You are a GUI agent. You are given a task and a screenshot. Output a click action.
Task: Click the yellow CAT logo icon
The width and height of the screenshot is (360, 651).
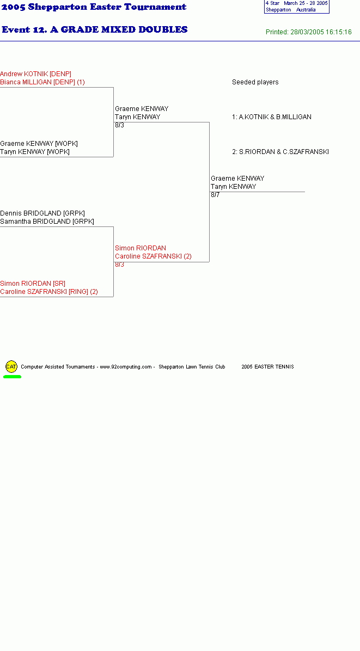pyautogui.click(x=11, y=366)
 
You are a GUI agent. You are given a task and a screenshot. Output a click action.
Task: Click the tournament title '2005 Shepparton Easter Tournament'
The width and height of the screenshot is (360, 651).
pyautogui.click(x=94, y=7)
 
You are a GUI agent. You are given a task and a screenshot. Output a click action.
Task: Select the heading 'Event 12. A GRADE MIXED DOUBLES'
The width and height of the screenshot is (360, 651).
pyautogui.click(x=95, y=29)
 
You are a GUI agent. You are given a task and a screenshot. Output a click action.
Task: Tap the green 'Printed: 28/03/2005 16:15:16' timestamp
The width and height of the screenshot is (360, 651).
pyautogui.click(x=308, y=32)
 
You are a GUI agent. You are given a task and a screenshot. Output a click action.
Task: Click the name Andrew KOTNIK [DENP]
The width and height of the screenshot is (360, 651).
pyautogui.click(x=36, y=74)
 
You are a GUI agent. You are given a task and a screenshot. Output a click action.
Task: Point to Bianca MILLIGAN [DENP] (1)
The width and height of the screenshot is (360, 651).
pyautogui.click(x=42, y=82)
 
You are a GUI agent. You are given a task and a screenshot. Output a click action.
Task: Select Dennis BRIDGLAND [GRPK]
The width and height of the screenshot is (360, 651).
pyautogui.click(x=42, y=213)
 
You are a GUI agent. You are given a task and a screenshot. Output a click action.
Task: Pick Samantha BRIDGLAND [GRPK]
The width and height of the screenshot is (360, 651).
pyautogui.click(x=47, y=222)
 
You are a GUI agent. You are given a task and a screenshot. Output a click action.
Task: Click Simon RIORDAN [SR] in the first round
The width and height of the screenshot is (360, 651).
pyautogui.click(x=33, y=284)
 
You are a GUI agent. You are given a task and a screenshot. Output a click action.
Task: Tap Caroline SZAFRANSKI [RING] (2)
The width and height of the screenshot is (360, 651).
pyautogui.click(x=49, y=292)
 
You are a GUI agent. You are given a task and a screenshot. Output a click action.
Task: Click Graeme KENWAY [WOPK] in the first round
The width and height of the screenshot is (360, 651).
pyautogui.click(x=39, y=144)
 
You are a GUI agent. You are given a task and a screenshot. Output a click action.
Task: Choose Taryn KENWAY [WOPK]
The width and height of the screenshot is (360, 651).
pyautogui.click(x=35, y=152)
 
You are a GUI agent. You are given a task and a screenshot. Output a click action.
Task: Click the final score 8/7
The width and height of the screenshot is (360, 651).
pyautogui.click(x=215, y=195)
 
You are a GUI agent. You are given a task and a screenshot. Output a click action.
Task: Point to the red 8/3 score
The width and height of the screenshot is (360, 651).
pyautogui.click(x=120, y=265)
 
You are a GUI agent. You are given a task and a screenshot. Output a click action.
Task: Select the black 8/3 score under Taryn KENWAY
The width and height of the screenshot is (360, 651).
pyautogui.click(x=120, y=125)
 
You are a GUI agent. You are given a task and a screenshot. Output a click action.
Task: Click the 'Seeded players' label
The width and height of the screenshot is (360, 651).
pyautogui.click(x=255, y=82)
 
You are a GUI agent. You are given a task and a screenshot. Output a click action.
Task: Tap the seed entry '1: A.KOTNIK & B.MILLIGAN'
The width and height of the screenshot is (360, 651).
pyautogui.click(x=272, y=117)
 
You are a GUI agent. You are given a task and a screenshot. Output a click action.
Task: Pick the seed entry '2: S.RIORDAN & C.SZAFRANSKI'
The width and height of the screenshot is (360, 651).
pyautogui.click(x=280, y=152)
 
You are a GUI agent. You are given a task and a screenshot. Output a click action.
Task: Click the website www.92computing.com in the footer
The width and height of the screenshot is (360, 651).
pyautogui.click(x=126, y=367)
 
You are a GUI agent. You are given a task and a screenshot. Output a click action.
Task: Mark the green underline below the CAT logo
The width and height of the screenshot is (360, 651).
pyautogui.click(x=12, y=377)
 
